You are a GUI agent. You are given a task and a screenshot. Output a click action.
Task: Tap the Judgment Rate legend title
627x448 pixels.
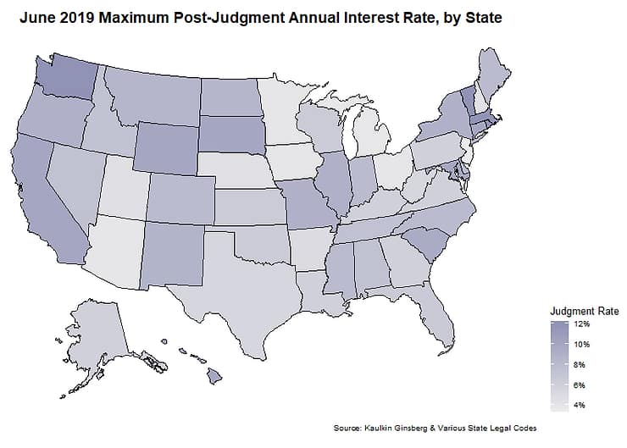[584, 310]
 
